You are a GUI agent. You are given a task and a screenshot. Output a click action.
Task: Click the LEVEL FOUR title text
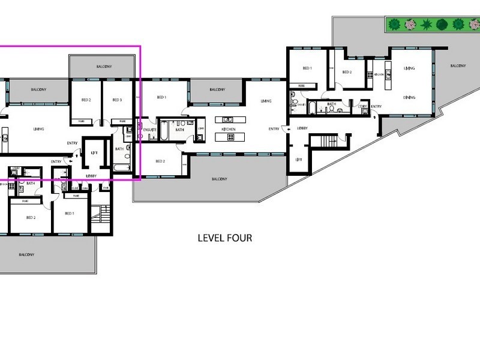click(225, 238)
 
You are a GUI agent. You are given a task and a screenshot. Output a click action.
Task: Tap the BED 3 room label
click(117, 100)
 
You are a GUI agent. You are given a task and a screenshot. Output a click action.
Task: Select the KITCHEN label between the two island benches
click(228, 129)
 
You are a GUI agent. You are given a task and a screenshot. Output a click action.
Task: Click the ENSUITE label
click(150, 128)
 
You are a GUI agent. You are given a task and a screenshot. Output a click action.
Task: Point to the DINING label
click(410, 97)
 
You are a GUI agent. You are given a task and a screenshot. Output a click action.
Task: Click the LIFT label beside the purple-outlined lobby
click(94, 153)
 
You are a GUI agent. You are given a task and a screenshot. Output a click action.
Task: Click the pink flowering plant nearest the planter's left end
click(410, 25)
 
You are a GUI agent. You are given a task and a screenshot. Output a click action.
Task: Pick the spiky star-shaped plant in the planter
click(426, 25)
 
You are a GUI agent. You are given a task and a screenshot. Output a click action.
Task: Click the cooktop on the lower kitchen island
click(228, 137)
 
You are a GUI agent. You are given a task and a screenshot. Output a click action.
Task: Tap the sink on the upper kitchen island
click(228, 119)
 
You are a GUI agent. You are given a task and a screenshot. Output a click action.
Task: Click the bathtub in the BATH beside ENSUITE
click(164, 137)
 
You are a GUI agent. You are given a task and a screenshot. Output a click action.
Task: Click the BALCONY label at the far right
click(458, 66)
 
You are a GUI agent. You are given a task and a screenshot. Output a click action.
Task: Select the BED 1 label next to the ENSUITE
click(161, 97)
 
